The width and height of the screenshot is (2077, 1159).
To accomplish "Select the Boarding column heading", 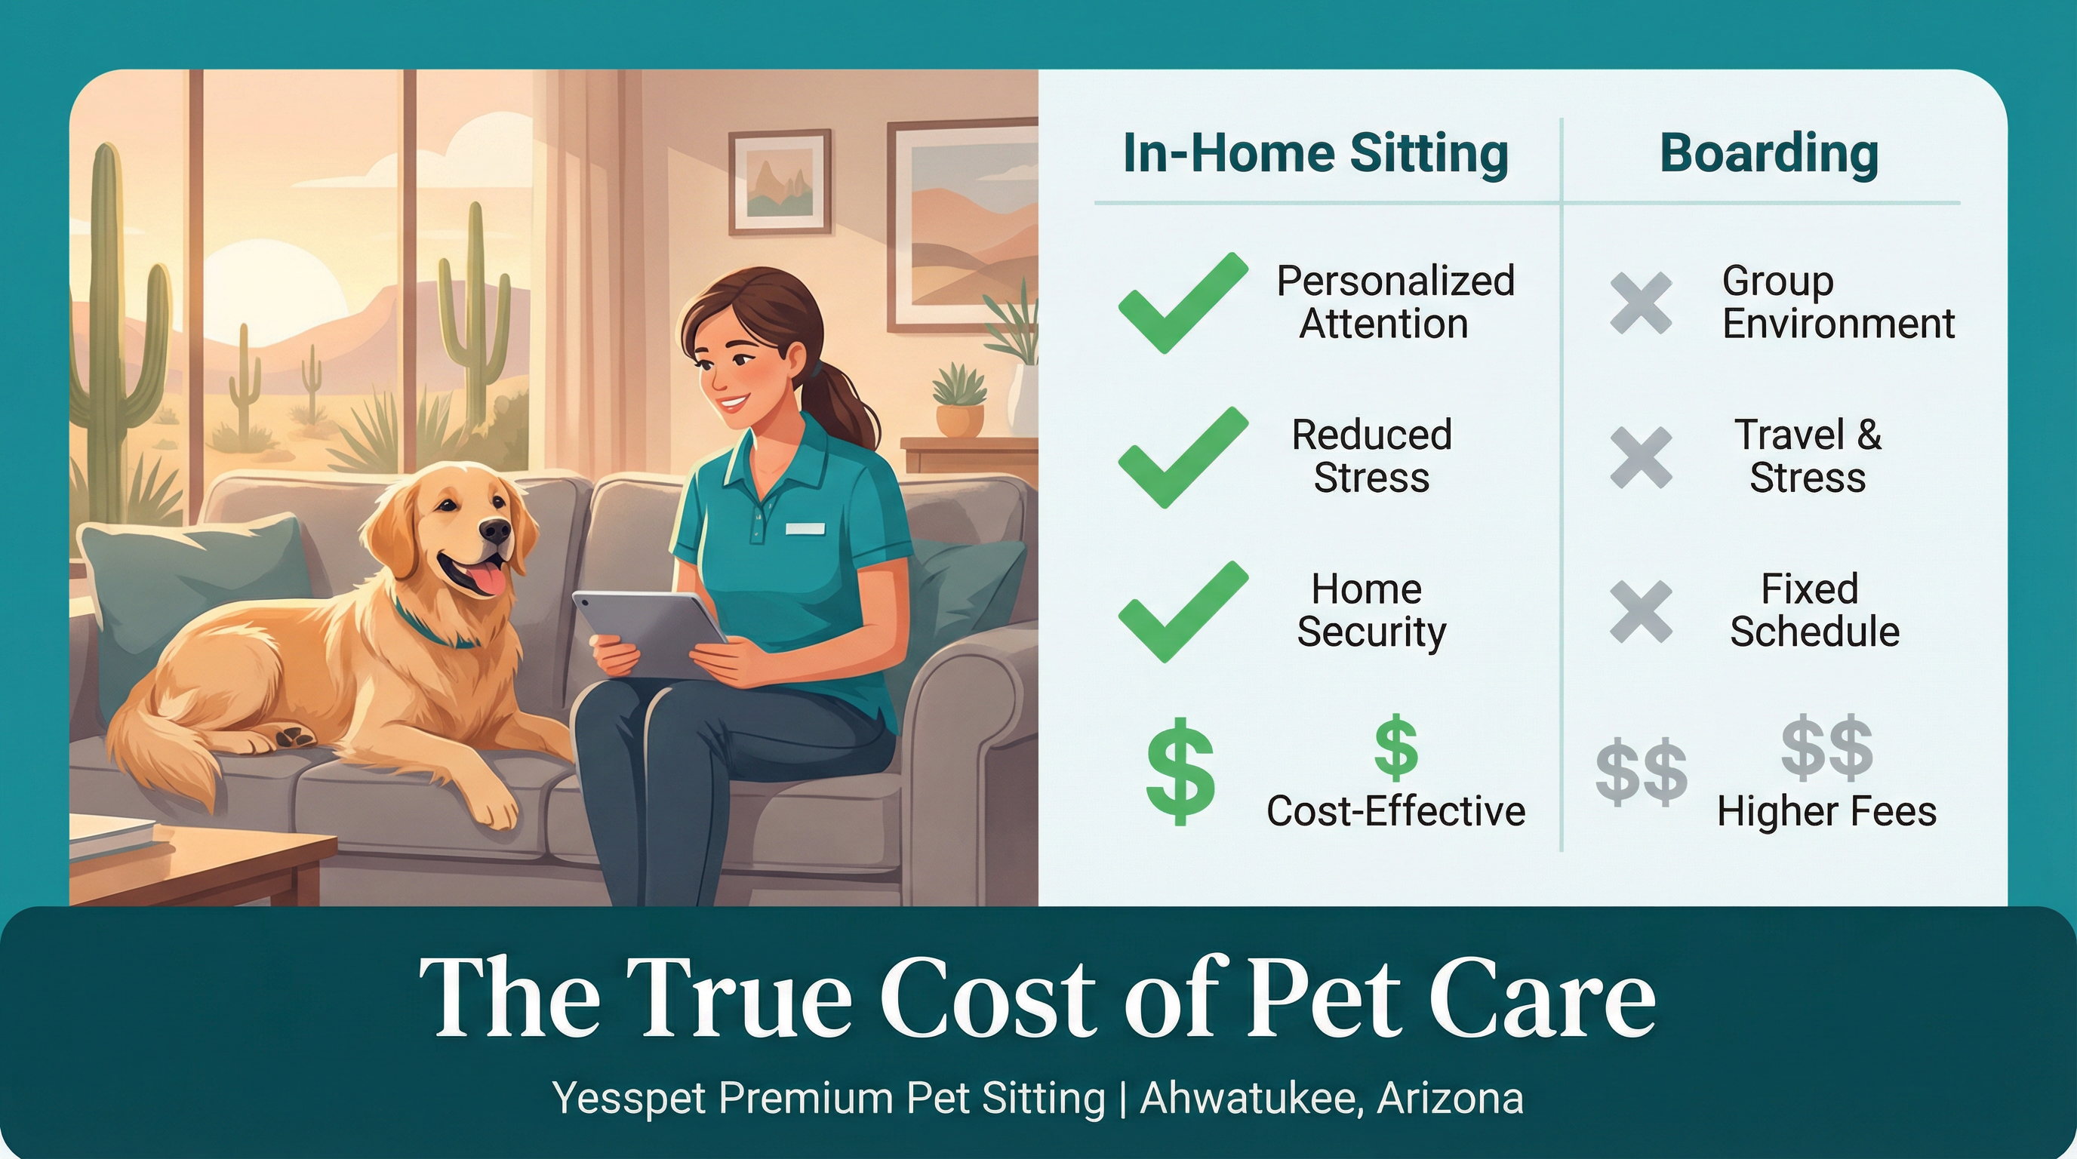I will point(1769,153).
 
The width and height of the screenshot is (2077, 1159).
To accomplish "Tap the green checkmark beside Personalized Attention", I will point(1181,303).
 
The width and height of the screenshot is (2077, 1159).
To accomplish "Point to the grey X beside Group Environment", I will point(1640,303).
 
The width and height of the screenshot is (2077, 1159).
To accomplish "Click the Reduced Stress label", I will point(1371,457).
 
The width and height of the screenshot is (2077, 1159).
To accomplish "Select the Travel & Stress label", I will point(1807,457).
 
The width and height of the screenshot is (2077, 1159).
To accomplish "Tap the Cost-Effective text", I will point(1395,811).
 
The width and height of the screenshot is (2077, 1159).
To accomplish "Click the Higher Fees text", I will point(1826,811).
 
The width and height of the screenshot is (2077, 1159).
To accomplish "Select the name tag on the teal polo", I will point(805,529).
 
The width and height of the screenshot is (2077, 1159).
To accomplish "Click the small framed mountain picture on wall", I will point(779,182).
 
